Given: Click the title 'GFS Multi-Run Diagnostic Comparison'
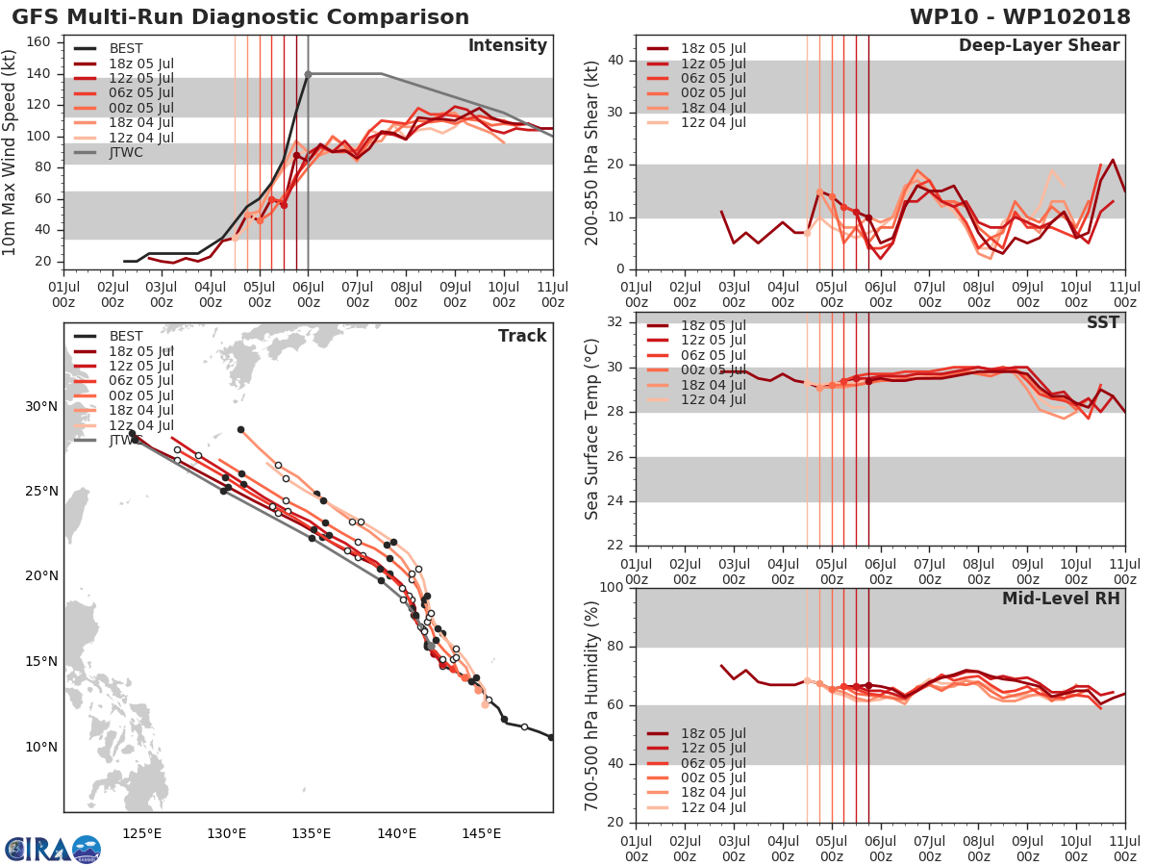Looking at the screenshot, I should (240, 17).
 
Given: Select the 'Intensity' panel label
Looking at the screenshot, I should (507, 46).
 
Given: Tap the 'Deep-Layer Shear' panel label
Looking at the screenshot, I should (1039, 46).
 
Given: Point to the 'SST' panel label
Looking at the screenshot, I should (1102, 322).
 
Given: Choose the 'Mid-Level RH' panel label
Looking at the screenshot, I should (1061, 599).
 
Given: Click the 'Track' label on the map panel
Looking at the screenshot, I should (521, 336).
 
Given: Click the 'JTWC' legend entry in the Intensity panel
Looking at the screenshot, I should (126, 152).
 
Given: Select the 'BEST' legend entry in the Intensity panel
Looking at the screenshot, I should (126, 49).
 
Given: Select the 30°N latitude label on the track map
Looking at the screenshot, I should (40, 406).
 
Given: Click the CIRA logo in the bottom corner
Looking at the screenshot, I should (52, 849).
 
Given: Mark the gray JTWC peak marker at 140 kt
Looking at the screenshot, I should (308, 74).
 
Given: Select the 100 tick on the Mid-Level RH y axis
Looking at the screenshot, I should (613, 588).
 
